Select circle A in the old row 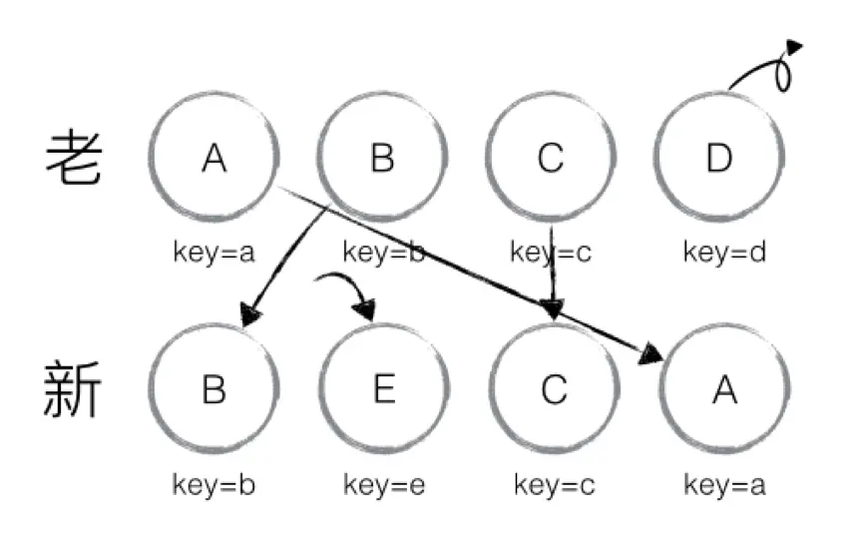[213, 157]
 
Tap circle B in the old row [382, 157]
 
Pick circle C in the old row [552, 157]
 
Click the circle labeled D [719, 157]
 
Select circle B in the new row [213, 389]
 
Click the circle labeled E [384, 389]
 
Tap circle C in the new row [554, 389]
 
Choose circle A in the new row [725, 389]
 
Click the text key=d [724, 252]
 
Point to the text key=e [384, 485]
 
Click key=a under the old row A [213, 252]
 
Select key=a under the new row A [725, 485]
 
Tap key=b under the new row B [214, 485]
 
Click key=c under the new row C [555, 485]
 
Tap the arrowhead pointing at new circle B [250, 315]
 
